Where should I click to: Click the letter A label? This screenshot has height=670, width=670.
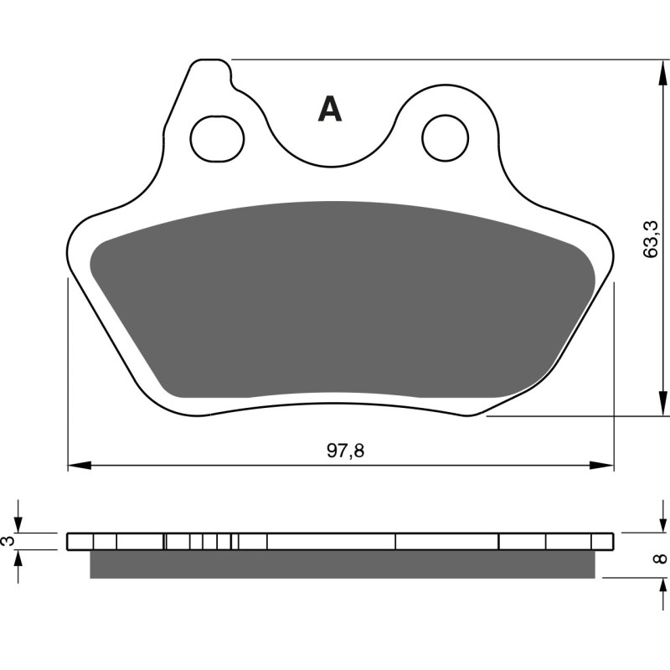tap(330, 110)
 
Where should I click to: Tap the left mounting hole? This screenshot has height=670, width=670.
tap(217, 138)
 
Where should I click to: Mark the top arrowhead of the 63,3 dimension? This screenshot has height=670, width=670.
tap(655, 70)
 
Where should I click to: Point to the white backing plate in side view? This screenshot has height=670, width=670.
tap(335, 542)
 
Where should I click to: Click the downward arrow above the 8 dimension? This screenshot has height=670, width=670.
tap(655, 523)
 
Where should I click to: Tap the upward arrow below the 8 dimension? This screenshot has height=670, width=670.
tap(655, 587)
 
